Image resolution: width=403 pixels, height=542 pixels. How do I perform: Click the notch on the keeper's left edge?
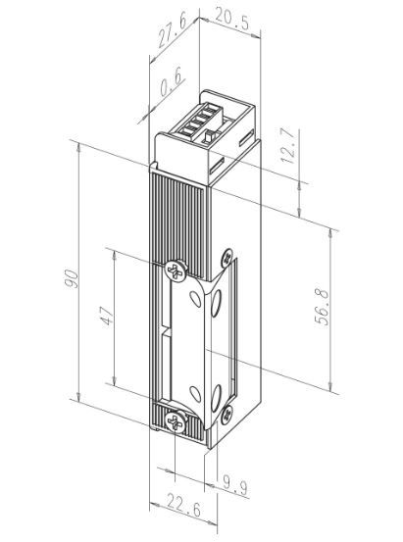pyautogui.click(x=170, y=344)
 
